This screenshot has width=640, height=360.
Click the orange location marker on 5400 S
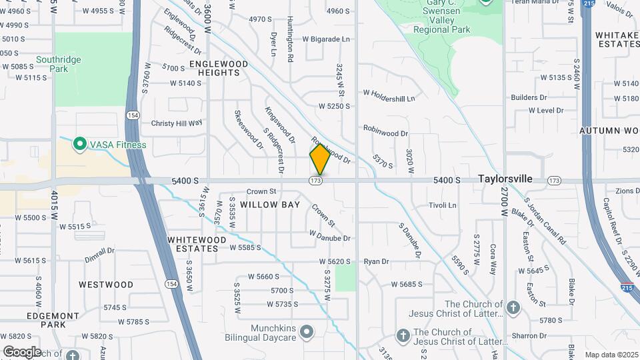[320, 159]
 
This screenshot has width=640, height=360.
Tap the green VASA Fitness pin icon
[79, 144]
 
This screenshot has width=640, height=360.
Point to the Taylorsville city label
[505, 179]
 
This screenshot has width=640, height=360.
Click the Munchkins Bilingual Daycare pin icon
[306, 331]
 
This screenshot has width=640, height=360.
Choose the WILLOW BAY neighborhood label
[270, 205]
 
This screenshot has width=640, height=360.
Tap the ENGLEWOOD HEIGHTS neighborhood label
[209, 68]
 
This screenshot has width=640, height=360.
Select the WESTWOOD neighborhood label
[106, 285]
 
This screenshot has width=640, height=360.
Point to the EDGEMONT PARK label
[53, 320]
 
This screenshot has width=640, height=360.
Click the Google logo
[21, 351]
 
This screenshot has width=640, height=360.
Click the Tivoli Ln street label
[442, 205]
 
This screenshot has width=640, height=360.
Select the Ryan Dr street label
[376, 262]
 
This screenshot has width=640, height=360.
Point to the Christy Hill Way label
[176, 123]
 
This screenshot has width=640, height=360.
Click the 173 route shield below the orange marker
[317, 181]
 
